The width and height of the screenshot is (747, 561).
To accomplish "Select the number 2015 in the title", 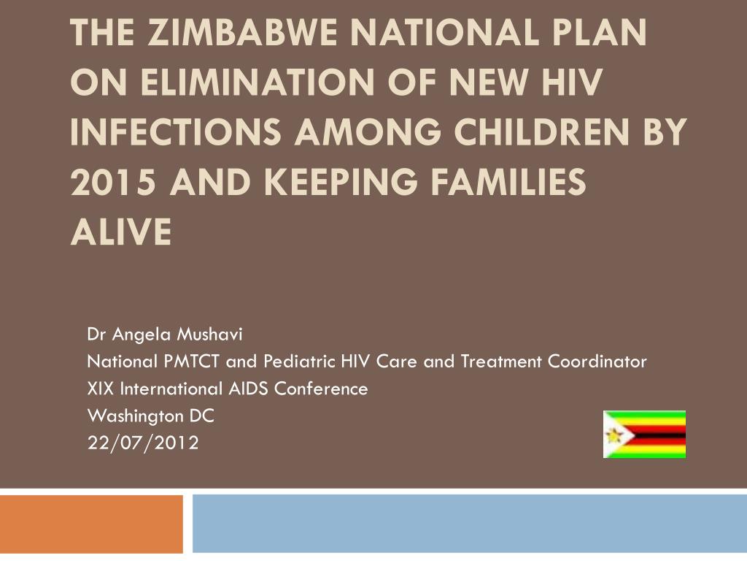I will [112, 182].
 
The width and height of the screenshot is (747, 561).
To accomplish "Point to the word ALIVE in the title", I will [121, 232].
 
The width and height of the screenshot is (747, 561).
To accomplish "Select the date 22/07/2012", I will [143, 443].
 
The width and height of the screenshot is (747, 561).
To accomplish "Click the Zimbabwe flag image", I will [644, 434].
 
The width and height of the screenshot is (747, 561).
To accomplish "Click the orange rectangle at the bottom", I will [91, 524].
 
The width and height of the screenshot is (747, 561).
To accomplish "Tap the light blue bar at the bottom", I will [469, 524].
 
